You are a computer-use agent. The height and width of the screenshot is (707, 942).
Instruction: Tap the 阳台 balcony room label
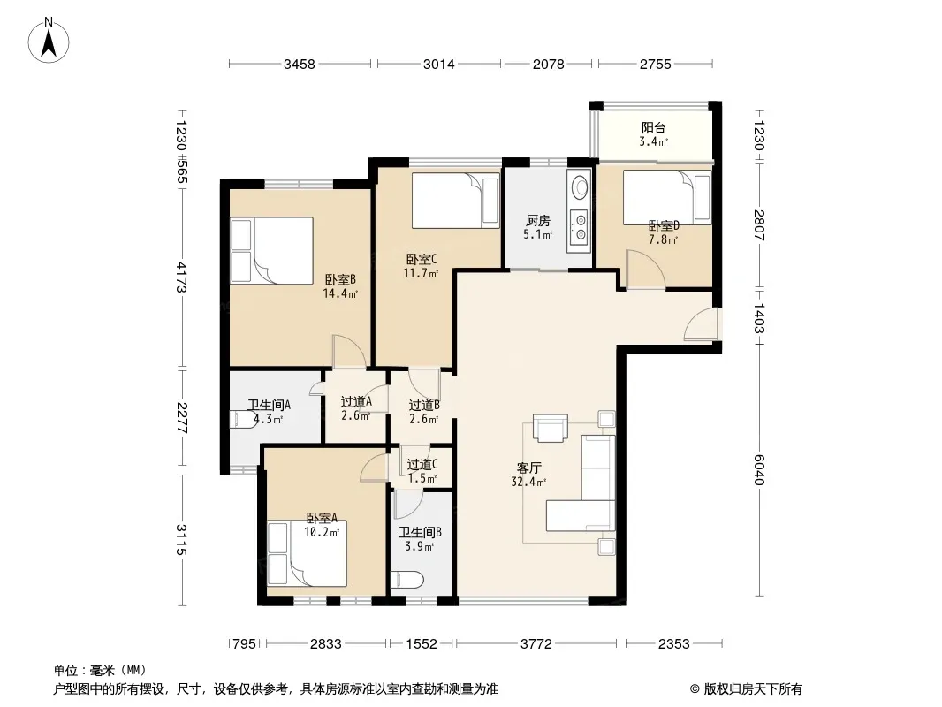pyautogui.click(x=653, y=127)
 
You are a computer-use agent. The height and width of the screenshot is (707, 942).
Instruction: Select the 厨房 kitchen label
pyautogui.click(x=537, y=220)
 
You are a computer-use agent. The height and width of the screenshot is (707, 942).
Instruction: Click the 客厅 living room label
pyautogui.click(x=528, y=468)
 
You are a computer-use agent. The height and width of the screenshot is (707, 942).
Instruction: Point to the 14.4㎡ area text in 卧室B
pyautogui.click(x=340, y=293)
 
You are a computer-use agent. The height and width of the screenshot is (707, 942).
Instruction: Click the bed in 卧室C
pyautogui.click(x=455, y=201)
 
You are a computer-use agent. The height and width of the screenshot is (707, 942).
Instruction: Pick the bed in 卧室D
pyautogui.click(x=667, y=198)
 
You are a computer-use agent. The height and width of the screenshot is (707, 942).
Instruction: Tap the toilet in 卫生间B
pyautogui.click(x=407, y=581)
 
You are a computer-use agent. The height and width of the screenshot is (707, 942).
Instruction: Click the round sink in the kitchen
pyautogui.click(x=580, y=186)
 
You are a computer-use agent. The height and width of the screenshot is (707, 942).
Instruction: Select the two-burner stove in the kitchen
pyautogui.click(x=580, y=227)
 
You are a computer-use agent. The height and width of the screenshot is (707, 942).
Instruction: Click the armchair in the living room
pyautogui.click(x=551, y=427)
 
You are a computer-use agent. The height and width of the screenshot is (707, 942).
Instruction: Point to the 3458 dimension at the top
pyautogui.click(x=300, y=64)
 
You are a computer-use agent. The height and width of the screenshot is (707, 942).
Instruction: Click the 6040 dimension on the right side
pyautogui.click(x=759, y=470)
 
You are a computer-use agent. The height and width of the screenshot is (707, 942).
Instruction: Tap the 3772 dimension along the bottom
pyautogui.click(x=536, y=644)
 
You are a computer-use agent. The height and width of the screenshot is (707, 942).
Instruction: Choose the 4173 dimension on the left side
pyautogui.click(x=181, y=277)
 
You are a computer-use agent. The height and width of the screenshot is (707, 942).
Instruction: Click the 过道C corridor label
pyautogui.click(x=422, y=464)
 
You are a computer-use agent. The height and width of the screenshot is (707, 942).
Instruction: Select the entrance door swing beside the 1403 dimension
pyautogui.click(x=701, y=324)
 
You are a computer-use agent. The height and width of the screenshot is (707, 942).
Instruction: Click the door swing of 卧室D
pyautogui.click(x=645, y=270)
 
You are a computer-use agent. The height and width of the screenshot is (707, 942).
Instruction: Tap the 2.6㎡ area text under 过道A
pyautogui.click(x=355, y=415)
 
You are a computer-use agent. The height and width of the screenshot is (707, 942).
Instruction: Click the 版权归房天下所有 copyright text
pyautogui.click(x=752, y=689)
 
